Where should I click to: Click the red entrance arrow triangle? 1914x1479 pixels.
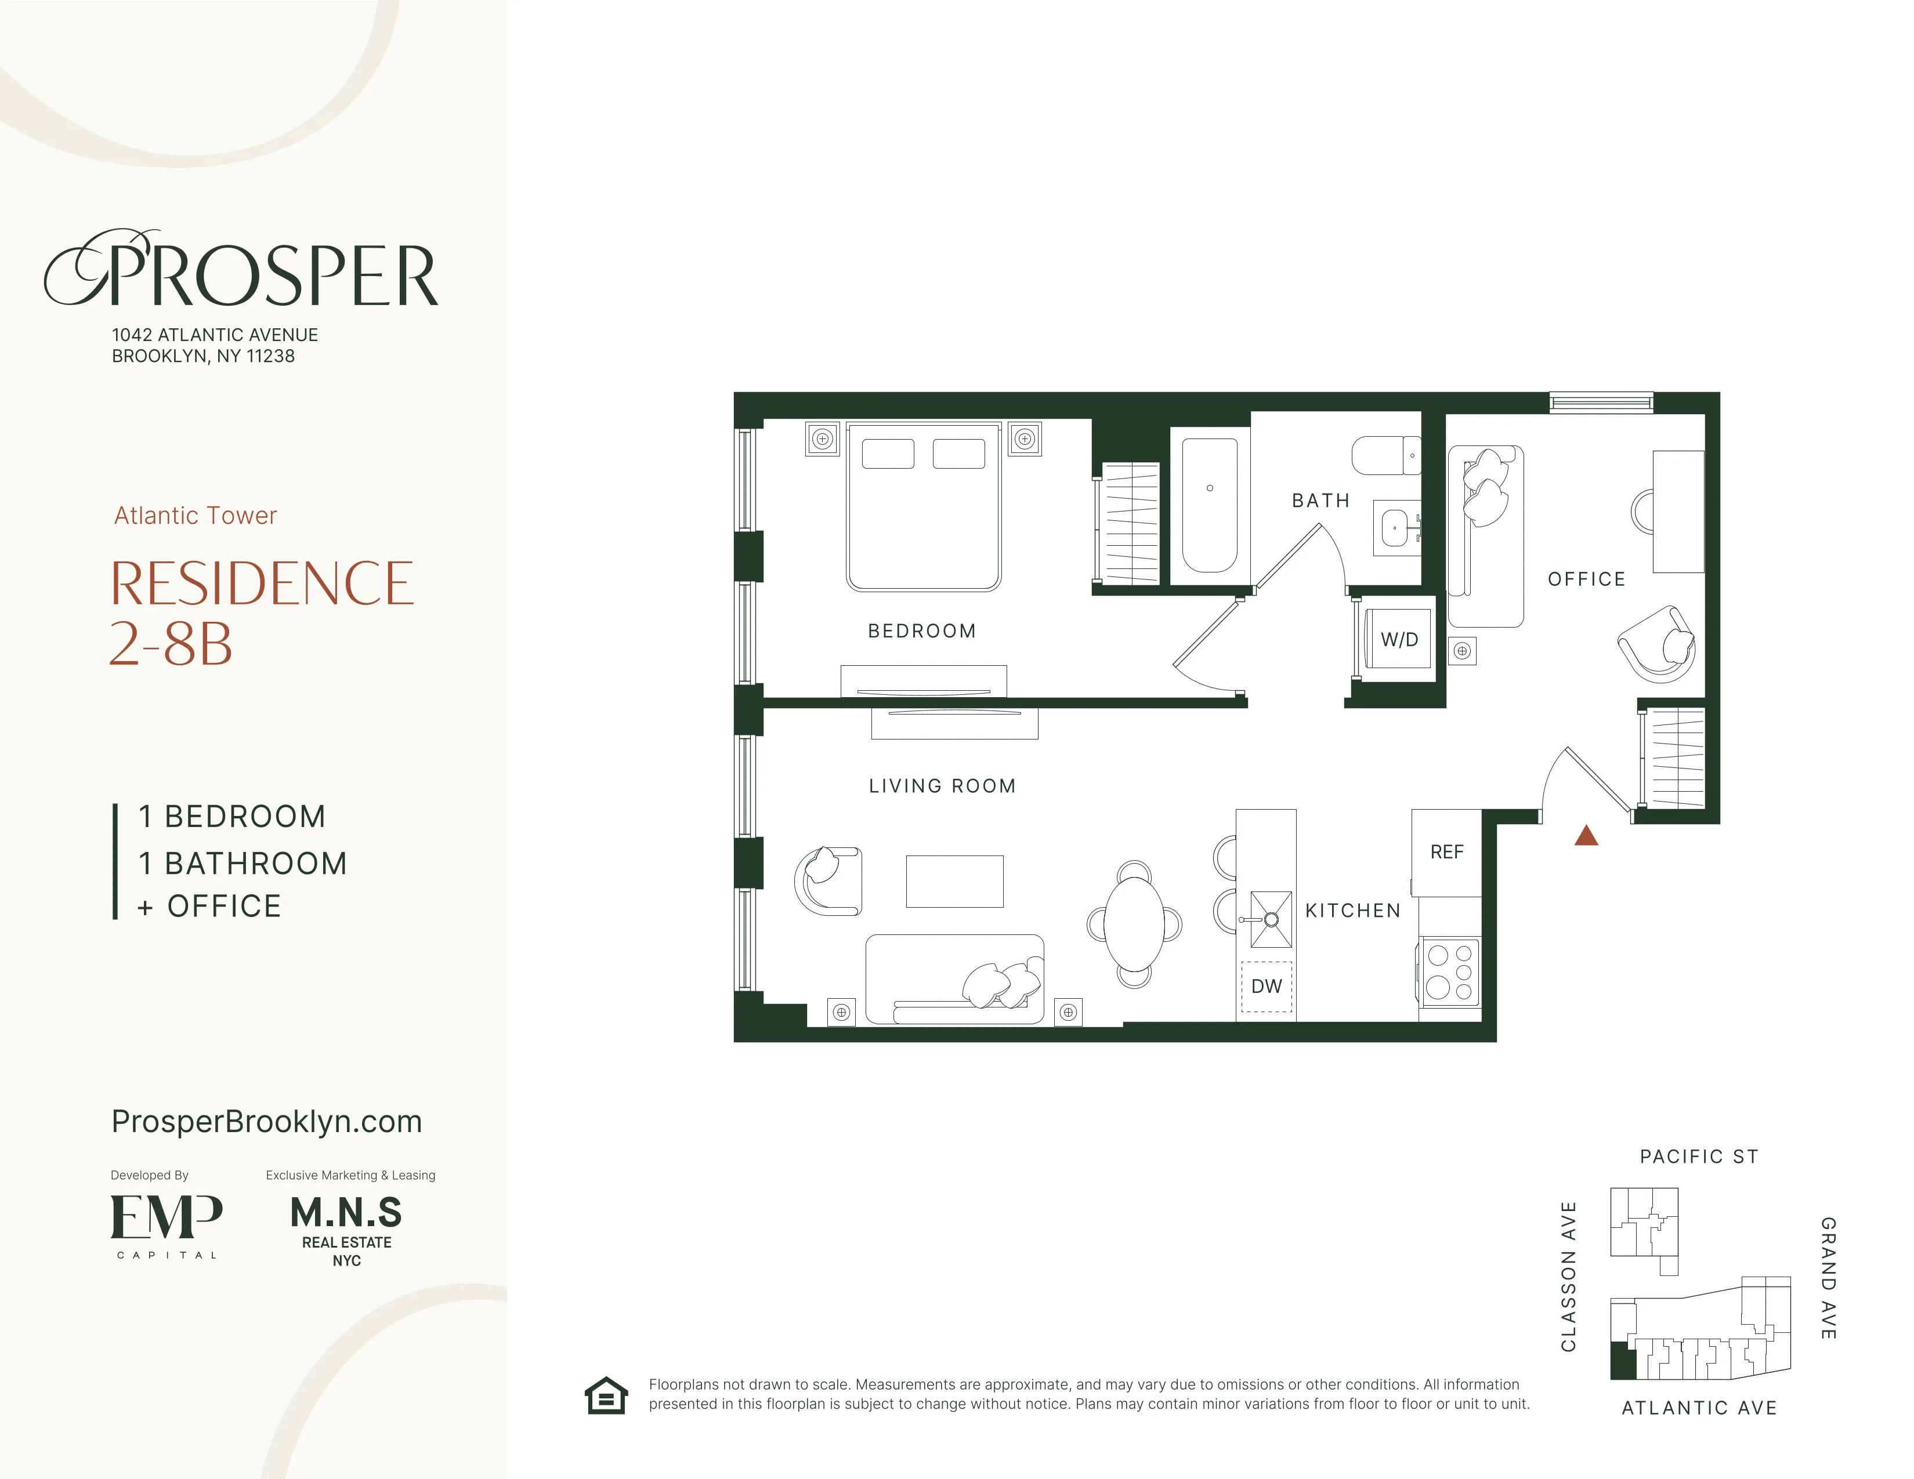[x=1586, y=838]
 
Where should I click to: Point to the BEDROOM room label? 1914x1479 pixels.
[x=922, y=631]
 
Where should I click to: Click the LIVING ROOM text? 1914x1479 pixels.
[x=942, y=786]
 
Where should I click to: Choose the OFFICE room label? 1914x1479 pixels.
[x=1586, y=579]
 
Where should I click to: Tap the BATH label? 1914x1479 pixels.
[x=1320, y=501]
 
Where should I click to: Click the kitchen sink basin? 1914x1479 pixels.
[x=1271, y=919]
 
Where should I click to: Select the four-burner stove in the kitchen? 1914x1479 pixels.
[x=1449, y=971]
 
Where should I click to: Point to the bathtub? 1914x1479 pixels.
[x=1210, y=506]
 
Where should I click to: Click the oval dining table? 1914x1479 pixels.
[x=1134, y=923]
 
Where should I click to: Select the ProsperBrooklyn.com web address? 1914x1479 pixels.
[x=266, y=1122]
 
